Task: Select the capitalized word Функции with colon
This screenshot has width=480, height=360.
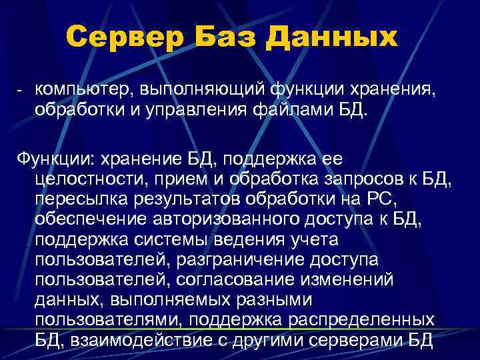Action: pos(54,159)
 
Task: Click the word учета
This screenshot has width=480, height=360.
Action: pos(311,239)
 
